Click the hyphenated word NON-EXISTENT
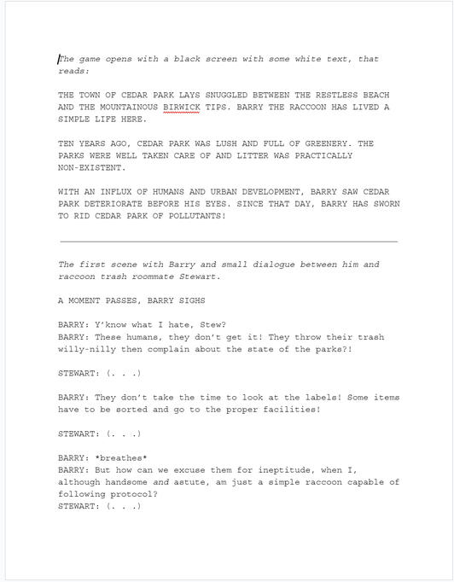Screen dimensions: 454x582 click(x=92, y=168)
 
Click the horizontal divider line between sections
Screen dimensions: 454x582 click(x=228, y=242)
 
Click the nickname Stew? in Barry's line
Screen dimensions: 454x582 click(x=210, y=325)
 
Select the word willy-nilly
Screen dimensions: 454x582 click(x=88, y=349)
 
